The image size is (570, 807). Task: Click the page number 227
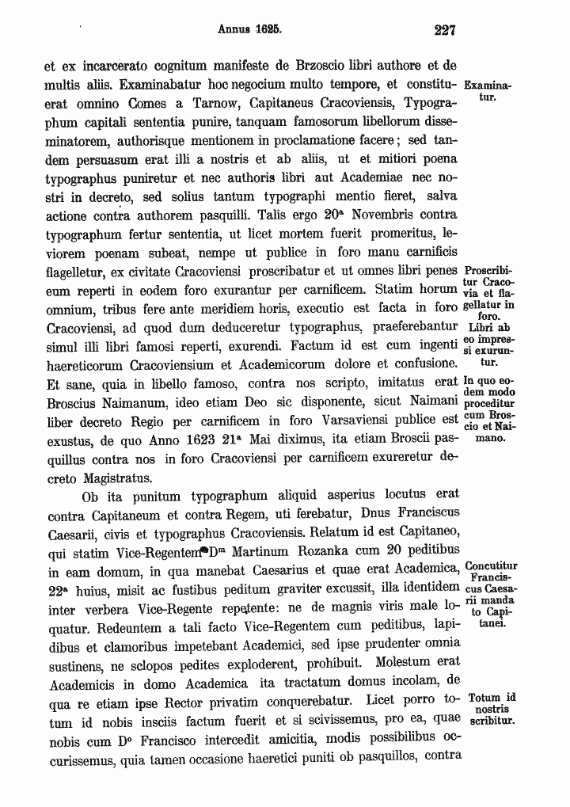point(446,31)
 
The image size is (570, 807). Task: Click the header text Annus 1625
point(250,31)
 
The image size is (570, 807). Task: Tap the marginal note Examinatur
point(487,90)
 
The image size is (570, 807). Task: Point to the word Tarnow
point(220,103)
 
